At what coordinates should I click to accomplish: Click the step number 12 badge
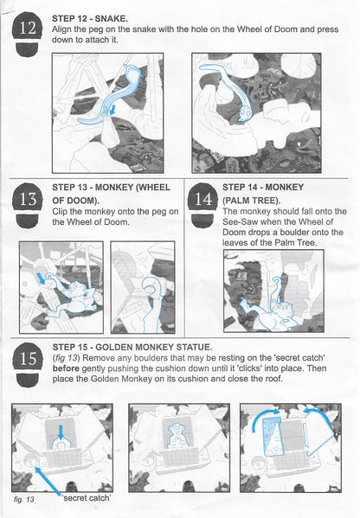pos(28,34)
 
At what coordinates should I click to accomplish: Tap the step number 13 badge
pos(28,205)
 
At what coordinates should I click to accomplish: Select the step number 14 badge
pos(202,205)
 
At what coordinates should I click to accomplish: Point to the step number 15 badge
pos(28,364)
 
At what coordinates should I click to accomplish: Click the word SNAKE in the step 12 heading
pos(111,18)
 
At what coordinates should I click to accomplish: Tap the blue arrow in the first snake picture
pos(112,110)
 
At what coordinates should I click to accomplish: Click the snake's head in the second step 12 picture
pos(246,113)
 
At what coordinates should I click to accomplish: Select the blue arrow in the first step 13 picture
pos(42,278)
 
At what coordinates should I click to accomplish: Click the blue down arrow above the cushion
pos(61,432)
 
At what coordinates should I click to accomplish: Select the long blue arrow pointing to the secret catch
pos(48,481)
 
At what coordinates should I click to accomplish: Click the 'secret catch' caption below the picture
pos(87,498)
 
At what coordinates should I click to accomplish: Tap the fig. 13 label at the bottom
pos(24,499)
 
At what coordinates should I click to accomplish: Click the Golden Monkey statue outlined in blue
pos(177,436)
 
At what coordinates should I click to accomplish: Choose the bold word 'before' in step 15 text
pos(66,368)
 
